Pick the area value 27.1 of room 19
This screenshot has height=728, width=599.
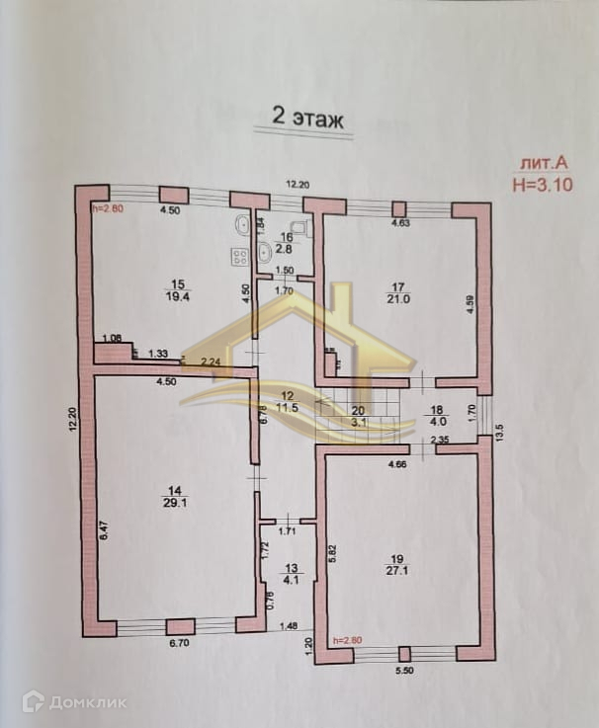point(403,571)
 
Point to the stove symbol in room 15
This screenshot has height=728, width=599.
point(239,257)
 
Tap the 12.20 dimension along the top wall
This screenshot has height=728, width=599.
point(298,184)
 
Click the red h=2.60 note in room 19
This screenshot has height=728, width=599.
point(348,639)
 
